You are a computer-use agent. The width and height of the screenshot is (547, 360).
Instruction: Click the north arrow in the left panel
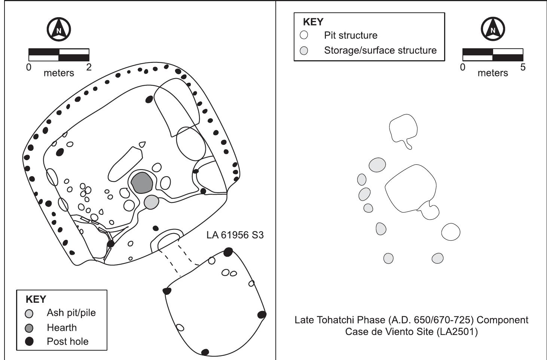coord(59,29)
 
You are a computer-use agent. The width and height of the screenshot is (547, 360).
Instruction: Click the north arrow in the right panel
coord(493,29)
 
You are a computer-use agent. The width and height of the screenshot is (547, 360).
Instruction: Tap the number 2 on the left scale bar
coord(89,67)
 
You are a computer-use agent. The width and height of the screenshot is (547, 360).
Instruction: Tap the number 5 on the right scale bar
coord(523,67)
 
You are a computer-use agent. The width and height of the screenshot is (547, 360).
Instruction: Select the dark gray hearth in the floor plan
coord(142,183)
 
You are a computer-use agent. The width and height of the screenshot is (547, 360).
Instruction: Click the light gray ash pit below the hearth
coord(152,202)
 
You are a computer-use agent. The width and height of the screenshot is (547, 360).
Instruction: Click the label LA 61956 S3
coord(235,235)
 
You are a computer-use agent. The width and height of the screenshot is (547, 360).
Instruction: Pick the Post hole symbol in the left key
coord(29,341)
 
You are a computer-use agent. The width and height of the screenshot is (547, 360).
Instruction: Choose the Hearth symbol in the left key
coord(29,328)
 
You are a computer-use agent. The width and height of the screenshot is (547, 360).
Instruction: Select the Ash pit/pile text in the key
coord(71,313)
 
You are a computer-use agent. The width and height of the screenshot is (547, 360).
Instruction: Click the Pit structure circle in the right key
coord(304,35)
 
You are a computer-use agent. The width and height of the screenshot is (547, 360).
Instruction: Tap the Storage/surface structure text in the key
coord(380,51)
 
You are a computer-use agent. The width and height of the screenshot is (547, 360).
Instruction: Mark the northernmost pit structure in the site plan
coord(403,129)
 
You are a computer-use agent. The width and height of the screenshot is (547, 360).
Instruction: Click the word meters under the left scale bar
coord(59,73)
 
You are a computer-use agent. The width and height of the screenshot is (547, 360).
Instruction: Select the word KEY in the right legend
coord(313,22)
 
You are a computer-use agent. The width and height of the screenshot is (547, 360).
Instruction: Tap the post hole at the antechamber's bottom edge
coord(205,352)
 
